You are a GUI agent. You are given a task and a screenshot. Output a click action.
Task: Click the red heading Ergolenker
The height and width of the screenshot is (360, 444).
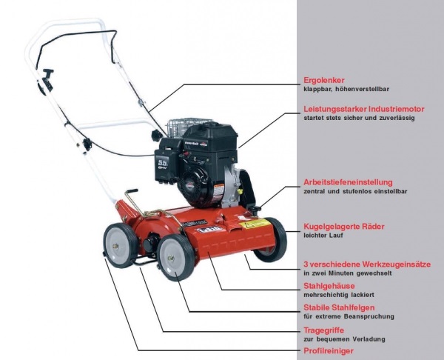pyautogui.click(x=324, y=80)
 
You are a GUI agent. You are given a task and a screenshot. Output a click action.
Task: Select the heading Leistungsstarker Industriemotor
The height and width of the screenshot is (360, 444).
pyautogui.click(x=364, y=109)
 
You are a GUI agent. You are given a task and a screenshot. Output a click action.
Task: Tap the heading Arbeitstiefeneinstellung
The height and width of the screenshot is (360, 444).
pyautogui.click(x=348, y=182)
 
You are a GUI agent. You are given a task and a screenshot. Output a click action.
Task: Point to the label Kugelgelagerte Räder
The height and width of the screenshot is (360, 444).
pyautogui.click(x=344, y=227)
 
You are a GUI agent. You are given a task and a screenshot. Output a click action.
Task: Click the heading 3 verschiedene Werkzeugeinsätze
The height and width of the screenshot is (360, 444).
pyautogui.click(x=367, y=264)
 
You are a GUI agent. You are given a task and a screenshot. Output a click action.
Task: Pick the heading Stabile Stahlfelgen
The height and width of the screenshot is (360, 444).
pyautogui.click(x=339, y=307)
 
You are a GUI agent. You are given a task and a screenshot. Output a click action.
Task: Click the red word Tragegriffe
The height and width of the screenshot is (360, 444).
pyautogui.click(x=323, y=330)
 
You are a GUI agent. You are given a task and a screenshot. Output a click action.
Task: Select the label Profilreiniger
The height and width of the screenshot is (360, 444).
pyautogui.click(x=329, y=351)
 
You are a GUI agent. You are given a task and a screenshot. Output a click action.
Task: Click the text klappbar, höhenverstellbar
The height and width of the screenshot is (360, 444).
pyautogui.click(x=346, y=89)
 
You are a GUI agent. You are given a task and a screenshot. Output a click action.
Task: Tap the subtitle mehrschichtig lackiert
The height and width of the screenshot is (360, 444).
pyautogui.click(x=339, y=295)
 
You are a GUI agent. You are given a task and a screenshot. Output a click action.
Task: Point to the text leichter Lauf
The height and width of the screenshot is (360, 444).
pyautogui.click(x=323, y=236)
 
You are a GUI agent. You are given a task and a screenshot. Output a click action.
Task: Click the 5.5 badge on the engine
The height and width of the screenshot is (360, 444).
pyautogui.click(x=163, y=164)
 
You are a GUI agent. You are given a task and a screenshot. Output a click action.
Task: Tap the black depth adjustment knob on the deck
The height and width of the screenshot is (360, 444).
pyautogui.click(x=255, y=210)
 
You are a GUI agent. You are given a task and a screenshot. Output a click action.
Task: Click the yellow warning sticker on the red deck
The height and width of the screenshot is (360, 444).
pyautogui.click(x=255, y=224)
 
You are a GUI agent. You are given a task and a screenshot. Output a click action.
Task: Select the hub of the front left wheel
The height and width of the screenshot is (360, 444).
pyautogui.click(x=171, y=258)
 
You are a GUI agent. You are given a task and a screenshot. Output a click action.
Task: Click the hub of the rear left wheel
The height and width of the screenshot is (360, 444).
pyautogui.click(x=115, y=246)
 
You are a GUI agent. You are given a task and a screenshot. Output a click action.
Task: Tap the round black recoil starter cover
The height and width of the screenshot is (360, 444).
pyautogui.click(x=195, y=186)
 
